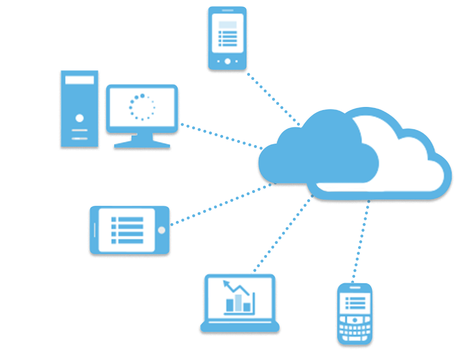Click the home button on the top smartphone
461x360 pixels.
(227, 61)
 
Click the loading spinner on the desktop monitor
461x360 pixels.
(142, 107)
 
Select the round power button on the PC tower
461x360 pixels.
(79, 118)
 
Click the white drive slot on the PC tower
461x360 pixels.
(79, 80)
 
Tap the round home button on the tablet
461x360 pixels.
(161, 230)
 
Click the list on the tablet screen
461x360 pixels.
(127, 230)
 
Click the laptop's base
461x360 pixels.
(239, 326)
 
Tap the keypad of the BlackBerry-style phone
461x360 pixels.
(355, 328)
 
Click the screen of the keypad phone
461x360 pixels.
(356, 303)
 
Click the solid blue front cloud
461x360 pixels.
(316, 158)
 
